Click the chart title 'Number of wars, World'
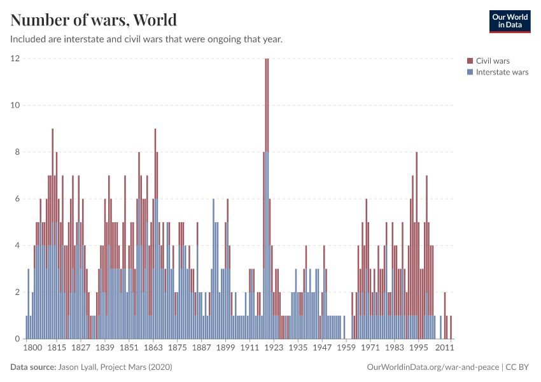[x=94, y=20]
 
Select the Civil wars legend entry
[x=492, y=61]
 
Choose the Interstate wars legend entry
[x=502, y=72]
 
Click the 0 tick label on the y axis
[x=17, y=339]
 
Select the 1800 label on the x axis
[x=32, y=349]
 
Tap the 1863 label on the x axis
[x=153, y=349]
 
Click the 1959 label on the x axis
[x=346, y=349]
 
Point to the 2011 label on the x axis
[x=443, y=349]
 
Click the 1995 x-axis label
[x=418, y=349]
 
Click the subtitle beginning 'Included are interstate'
[x=146, y=39]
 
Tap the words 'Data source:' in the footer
[x=33, y=367]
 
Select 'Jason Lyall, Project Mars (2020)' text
[x=115, y=367]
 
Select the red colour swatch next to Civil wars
[x=470, y=61]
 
